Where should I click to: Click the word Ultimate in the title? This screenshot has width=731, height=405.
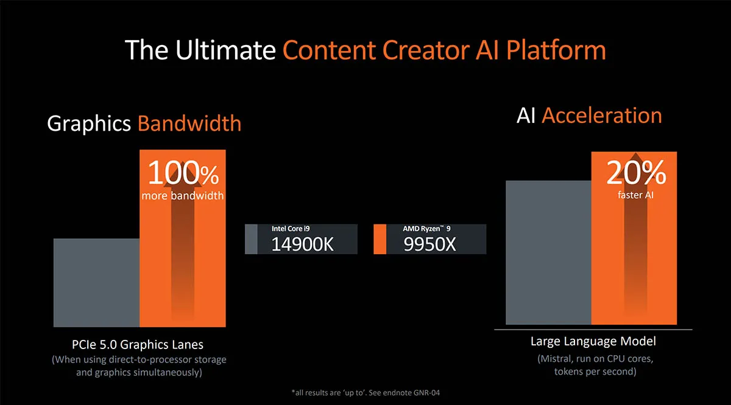[225, 50]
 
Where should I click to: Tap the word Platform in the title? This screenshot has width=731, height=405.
[556, 51]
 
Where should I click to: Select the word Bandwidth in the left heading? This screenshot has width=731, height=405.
[189, 123]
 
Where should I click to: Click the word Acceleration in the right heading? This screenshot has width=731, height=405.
[602, 116]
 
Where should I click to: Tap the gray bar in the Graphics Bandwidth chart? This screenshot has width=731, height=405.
[97, 283]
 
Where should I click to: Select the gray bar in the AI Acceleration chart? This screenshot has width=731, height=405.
[549, 252]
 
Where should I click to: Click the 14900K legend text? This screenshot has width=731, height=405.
[303, 244]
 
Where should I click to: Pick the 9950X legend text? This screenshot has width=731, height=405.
[429, 244]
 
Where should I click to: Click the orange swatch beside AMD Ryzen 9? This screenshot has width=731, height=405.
[380, 239]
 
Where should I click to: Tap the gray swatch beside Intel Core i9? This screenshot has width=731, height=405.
[251, 239]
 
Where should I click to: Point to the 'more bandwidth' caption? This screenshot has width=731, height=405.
[182, 195]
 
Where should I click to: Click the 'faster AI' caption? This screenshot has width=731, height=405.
[635, 195]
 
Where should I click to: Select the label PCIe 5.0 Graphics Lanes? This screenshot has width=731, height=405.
[138, 344]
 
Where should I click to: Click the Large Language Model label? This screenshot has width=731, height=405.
[593, 342]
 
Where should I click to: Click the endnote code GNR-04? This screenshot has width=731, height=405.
[426, 393]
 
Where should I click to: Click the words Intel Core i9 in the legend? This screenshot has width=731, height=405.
[291, 229]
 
